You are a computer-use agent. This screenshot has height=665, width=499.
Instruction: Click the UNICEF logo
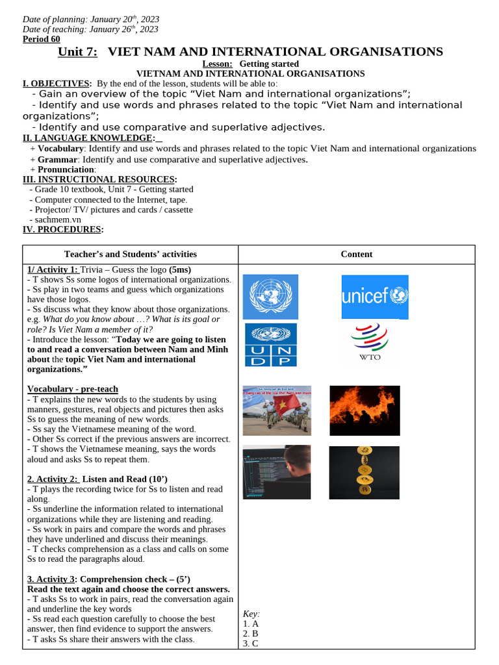pyautogui.click(x=375, y=297)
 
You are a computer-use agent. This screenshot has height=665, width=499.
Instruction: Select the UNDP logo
pyautogui.click(x=270, y=345)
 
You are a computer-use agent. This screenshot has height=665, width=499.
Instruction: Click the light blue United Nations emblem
pyautogui.click(x=270, y=297)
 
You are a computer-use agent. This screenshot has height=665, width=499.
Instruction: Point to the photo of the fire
pyautogui.click(x=365, y=410)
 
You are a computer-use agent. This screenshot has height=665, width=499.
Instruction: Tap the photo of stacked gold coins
pyautogui.click(x=364, y=472)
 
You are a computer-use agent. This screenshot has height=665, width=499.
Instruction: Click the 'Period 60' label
pyautogui.click(x=41, y=39)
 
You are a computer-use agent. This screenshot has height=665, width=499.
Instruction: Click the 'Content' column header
pyautogui.click(x=357, y=255)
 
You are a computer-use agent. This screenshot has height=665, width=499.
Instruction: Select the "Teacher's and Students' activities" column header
pyautogui.click(x=131, y=255)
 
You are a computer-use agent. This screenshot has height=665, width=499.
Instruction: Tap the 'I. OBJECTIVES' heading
pyautogui.click(x=57, y=84)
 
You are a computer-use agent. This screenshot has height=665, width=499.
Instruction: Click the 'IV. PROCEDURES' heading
pyautogui.click(x=62, y=229)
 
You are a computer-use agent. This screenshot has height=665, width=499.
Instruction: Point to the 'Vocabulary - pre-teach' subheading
pyautogui.click(x=72, y=389)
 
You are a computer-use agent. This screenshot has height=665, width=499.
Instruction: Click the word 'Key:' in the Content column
pyautogui.click(x=251, y=614)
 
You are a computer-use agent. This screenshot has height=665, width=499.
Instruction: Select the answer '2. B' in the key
pyautogui.click(x=251, y=633)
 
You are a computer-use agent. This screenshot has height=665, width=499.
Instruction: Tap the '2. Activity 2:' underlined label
pyautogui.click(x=53, y=479)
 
